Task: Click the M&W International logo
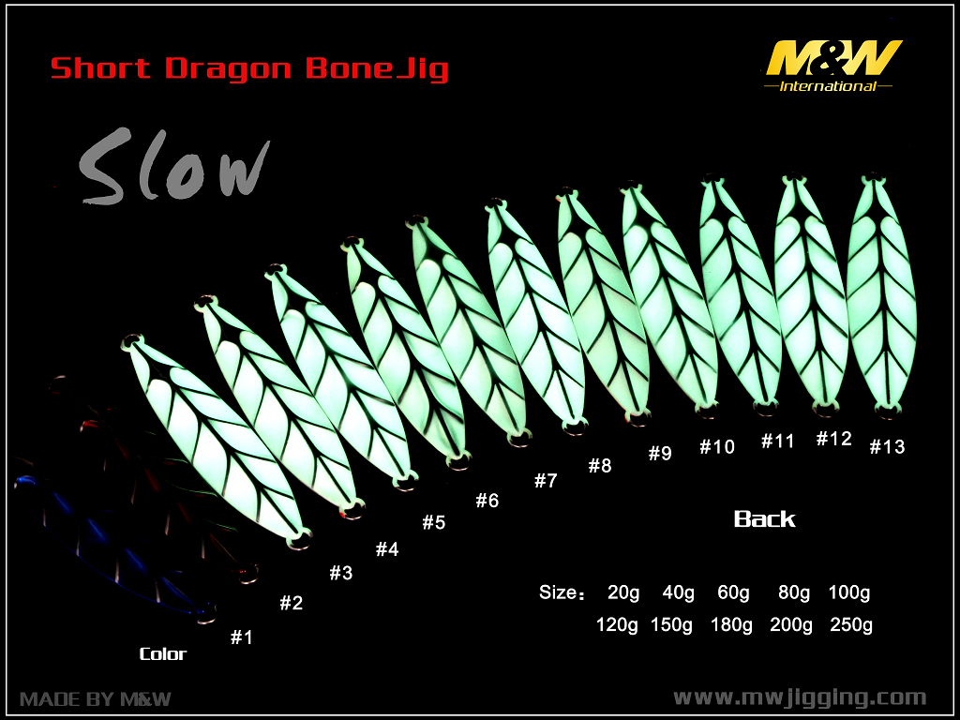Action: coord(832,66)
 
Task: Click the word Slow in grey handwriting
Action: coord(174,166)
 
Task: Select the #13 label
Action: coord(887,447)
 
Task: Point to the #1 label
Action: coord(241,637)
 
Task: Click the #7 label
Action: coord(547,481)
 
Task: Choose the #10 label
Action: coord(717,447)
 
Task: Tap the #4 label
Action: coord(387,549)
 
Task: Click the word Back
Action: coord(765,519)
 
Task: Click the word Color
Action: coord(163,653)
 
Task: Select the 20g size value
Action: coord(623,592)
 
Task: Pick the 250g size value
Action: coord(851,625)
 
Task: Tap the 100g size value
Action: coord(849,592)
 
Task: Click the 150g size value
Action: coord(671,625)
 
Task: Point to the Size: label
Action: coord(562,592)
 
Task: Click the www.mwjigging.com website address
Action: coord(800,697)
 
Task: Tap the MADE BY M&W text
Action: coord(96,698)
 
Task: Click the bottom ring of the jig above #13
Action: coord(888,412)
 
